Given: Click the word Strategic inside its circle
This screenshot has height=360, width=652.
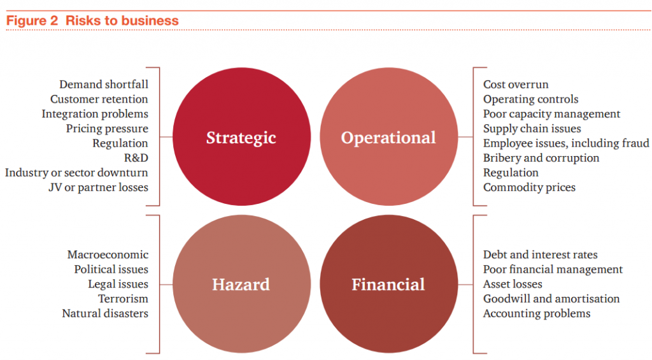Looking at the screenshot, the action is click(x=241, y=138).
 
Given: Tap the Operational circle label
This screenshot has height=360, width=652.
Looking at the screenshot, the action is click(x=388, y=138).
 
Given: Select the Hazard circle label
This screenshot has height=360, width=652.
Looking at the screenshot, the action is click(x=241, y=285).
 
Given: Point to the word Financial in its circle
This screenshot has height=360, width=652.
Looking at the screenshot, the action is click(x=388, y=285).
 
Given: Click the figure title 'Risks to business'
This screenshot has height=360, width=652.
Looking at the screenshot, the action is click(x=122, y=20).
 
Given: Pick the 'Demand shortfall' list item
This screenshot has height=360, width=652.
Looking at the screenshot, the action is click(x=104, y=85).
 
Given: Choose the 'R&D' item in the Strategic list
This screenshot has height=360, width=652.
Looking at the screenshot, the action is click(x=136, y=158).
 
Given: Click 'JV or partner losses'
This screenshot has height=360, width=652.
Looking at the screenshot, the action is click(x=98, y=188).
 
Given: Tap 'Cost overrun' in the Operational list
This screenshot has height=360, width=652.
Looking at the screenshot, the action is click(x=516, y=85).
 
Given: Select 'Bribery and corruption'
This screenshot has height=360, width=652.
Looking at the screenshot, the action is click(x=541, y=158).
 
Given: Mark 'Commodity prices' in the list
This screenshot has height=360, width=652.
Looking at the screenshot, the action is click(x=529, y=188).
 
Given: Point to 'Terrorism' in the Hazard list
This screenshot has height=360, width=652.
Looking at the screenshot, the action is click(x=123, y=299).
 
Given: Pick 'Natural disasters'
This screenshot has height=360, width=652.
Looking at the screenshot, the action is click(x=105, y=313).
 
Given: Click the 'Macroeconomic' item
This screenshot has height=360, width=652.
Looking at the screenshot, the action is click(x=108, y=255).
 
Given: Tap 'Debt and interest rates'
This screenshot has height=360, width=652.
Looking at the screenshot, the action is click(x=540, y=255).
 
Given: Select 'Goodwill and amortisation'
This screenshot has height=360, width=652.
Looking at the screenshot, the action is click(x=551, y=299).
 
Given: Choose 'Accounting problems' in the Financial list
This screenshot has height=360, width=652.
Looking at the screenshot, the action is click(x=537, y=313).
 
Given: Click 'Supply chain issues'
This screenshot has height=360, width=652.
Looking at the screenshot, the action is click(x=532, y=129).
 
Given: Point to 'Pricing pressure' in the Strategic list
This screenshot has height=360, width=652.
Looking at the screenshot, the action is click(x=107, y=129).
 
